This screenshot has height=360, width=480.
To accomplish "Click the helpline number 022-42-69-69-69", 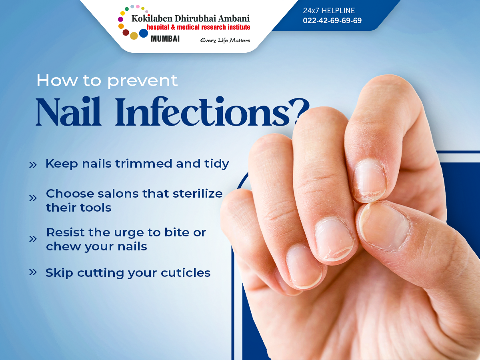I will tap(332, 20).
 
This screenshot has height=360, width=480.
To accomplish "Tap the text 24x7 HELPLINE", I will tap(329, 11).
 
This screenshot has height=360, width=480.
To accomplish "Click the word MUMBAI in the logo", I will tap(165, 39).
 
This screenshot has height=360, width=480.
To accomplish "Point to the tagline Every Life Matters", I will tap(225, 40).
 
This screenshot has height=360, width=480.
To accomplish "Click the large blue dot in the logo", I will tap(143, 33).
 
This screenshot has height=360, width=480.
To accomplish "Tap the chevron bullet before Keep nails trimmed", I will tap(33, 164).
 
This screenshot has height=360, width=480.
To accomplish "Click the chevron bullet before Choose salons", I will tap(33, 198).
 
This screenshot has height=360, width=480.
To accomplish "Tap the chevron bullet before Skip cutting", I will tap(33, 272).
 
